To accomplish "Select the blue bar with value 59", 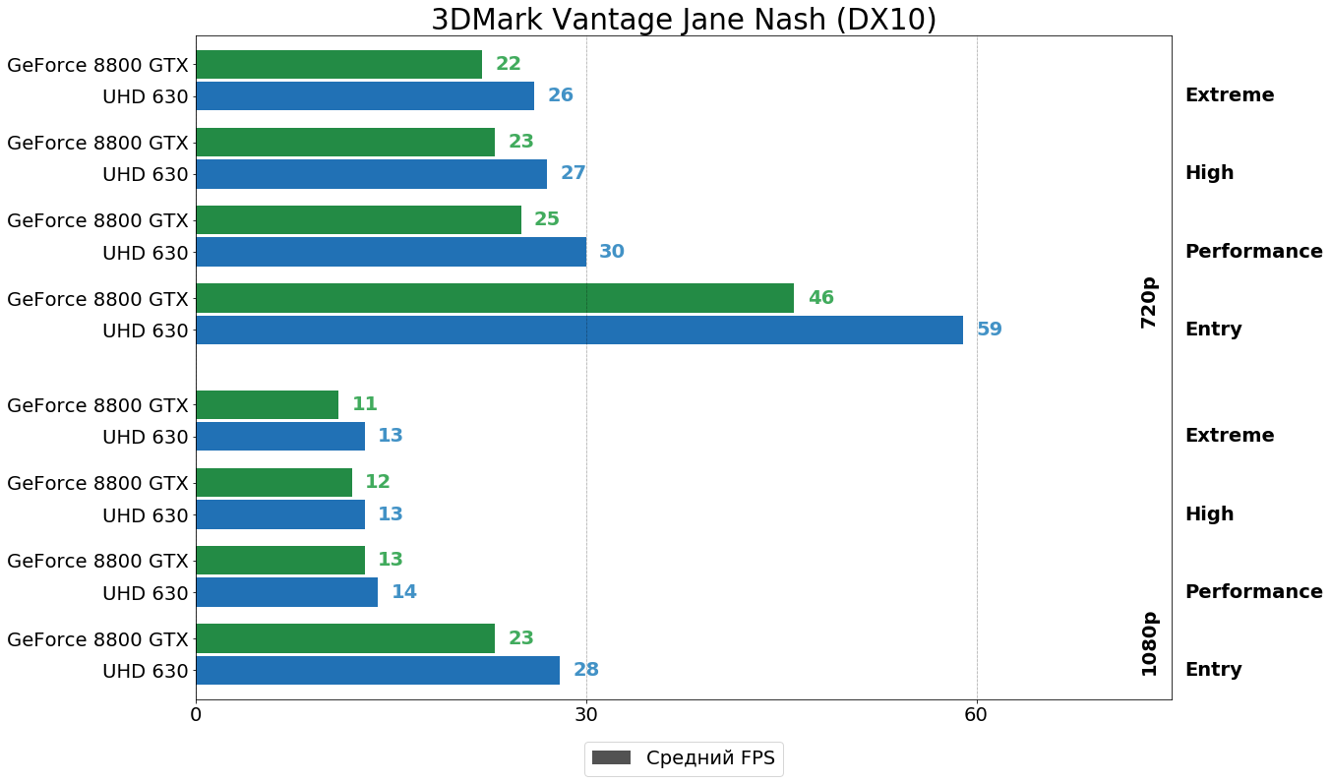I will click(x=578, y=330).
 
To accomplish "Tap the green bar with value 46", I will click(x=494, y=298).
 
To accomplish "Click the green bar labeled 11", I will click(x=267, y=404).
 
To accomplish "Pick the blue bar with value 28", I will click(x=377, y=670).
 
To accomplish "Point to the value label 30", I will click(x=612, y=252).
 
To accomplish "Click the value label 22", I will click(x=509, y=64).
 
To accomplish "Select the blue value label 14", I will click(x=404, y=592).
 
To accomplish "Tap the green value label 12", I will click(x=378, y=482).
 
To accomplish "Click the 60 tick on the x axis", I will click(x=976, y=715).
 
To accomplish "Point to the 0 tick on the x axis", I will click(x=196, y=715).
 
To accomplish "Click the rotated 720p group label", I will click(x=1149, y=302).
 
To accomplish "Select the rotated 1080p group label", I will click(x=1149, y=643).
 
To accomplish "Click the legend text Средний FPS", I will click(x=710, y=758).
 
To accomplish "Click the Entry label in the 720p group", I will click(x=1213, y=330).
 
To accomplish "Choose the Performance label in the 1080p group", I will click(x=1253, y=592).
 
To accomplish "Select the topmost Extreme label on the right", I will click(x=1229, y=95).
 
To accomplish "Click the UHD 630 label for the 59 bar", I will click(x=145, y=331).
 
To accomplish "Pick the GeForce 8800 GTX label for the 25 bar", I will click(x=97, y=220).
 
